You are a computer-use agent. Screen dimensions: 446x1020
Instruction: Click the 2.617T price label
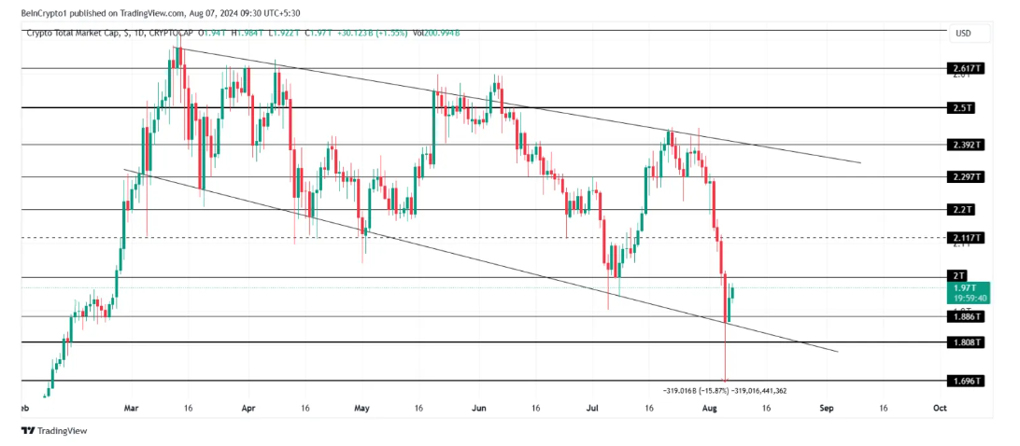click(961, 68)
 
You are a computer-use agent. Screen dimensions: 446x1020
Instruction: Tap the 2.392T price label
click(961, 145)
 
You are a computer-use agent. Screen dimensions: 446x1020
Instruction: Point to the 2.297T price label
click(961, 176)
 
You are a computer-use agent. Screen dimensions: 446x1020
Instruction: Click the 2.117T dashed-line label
click(961, 237)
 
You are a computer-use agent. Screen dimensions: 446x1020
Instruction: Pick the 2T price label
click(958, 276)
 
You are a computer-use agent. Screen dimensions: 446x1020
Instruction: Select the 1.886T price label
click(961, 316)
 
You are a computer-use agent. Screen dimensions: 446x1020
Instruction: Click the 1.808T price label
click(961, 342)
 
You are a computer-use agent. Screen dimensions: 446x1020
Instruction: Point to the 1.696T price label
click(961, 381)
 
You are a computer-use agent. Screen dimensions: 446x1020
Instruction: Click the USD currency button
click(963, 34)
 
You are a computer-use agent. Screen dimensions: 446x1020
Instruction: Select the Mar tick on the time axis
click(132, 408)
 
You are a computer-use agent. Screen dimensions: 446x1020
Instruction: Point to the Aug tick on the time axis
click(710, 408)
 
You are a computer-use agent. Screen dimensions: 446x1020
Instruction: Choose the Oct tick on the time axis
click(940, 408)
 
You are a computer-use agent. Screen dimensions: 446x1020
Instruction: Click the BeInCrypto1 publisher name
click(47, 13)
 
